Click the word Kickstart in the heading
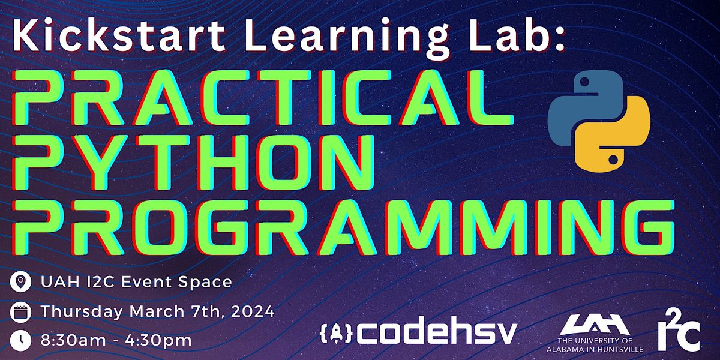(119, 34)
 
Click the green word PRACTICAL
(263, 97)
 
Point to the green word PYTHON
(193, 163)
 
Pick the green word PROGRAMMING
(343, 227)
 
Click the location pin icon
(20, 282)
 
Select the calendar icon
(20, 312)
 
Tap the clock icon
(20, 341)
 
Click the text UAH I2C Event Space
(136, 282)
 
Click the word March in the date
(157, 311)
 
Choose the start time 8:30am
(73, 340)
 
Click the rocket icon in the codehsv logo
(336, 332)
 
